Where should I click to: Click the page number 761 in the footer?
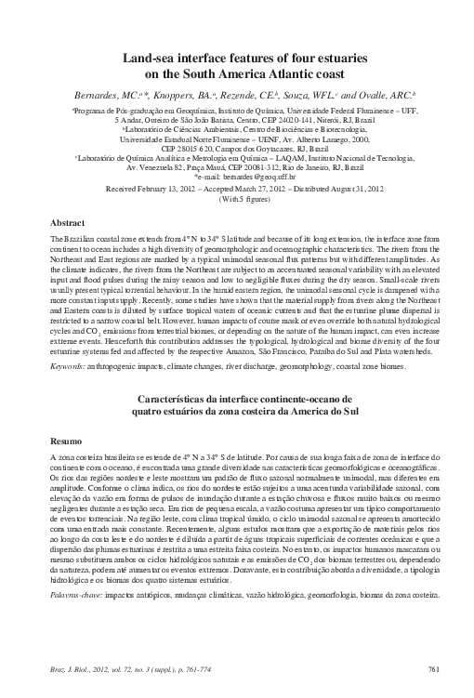point(432,669)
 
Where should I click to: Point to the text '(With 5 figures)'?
point(237,197)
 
